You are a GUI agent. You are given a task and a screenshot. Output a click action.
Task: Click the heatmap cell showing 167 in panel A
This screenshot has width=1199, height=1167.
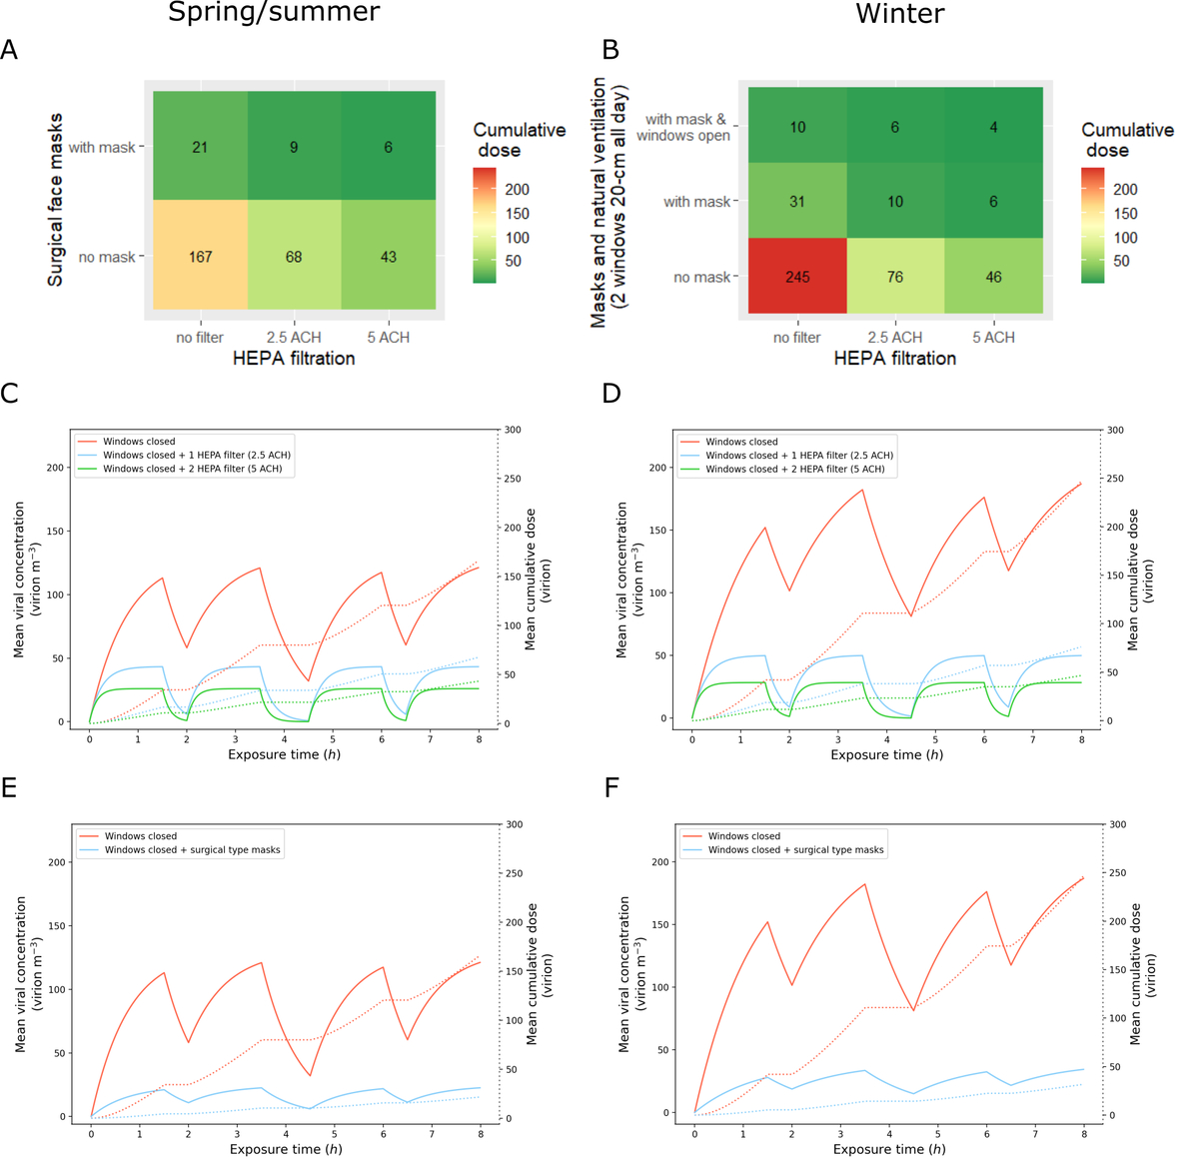point(200,257)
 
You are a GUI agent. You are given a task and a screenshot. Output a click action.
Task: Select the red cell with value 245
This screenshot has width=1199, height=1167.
point(797,277)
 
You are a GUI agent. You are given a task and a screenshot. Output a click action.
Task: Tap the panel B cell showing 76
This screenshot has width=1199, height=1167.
point(894,277)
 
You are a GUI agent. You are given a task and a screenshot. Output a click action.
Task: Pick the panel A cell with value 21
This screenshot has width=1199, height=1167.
point(200,147)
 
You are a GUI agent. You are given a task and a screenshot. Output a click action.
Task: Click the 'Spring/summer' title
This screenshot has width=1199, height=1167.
point(273,13)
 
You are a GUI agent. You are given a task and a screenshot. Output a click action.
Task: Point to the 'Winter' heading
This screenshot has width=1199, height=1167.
point(899,14)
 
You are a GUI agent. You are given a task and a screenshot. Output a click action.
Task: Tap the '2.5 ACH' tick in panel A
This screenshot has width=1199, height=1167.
point(294,338)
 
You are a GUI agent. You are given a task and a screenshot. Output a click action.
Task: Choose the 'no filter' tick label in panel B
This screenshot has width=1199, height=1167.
point(796,338)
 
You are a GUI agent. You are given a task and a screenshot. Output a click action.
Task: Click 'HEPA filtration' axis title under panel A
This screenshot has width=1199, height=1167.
point(294,359)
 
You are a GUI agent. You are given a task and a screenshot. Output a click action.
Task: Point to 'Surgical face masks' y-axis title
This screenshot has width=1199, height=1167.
point(56,200)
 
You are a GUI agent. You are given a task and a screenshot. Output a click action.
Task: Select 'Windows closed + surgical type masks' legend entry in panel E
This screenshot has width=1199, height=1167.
point(192,850)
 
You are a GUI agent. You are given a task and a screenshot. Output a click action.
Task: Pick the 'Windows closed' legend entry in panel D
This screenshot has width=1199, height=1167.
point(741,442)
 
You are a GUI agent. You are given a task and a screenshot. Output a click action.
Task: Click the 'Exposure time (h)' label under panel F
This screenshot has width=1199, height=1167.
point(888,1149)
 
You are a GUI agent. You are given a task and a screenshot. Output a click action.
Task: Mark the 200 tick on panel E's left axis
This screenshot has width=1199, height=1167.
point(57,862)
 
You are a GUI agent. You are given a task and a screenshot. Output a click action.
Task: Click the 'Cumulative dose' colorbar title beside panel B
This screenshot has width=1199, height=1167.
point(1127,140)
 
